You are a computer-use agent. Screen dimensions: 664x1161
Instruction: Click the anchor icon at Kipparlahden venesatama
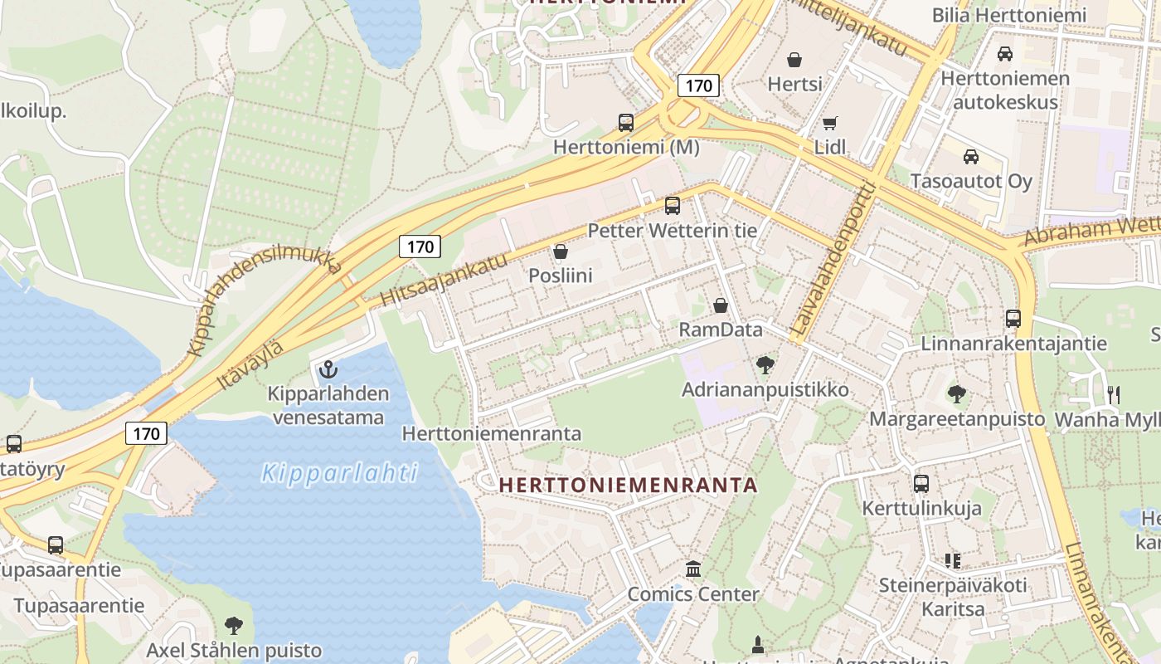[328, 369]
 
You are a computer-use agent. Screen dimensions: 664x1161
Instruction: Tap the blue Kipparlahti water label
[339, 473]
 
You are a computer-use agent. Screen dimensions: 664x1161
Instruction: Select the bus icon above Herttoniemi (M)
[626, 123]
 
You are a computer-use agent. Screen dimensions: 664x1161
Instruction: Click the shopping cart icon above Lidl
[829, 124]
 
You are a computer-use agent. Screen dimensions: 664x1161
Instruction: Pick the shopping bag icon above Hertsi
[794, 60]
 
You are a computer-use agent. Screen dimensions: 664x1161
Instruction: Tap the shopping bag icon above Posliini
[561, 251]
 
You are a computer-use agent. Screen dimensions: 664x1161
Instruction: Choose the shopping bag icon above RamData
[720, 305]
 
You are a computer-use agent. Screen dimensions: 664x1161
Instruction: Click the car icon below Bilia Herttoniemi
[1004, 54]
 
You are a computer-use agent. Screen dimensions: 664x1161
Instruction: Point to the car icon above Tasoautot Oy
[970, 156]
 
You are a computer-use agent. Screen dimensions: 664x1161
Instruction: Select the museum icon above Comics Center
[693, 569]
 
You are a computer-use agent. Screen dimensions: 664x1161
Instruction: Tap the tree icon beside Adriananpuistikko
[765, 364]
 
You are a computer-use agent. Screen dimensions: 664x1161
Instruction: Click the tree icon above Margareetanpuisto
[957, 393]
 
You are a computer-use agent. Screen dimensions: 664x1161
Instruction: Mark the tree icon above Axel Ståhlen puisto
[234, 625]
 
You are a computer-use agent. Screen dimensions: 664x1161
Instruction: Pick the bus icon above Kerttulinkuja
[921, 483]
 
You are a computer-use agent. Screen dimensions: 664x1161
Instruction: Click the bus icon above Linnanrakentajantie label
[1013, 318]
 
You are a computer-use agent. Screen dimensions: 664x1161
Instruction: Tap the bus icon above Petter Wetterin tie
[673, 205]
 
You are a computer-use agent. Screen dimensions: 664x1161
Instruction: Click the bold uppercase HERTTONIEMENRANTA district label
[629, 485]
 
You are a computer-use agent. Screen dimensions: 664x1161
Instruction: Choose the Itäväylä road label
[250, 365]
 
